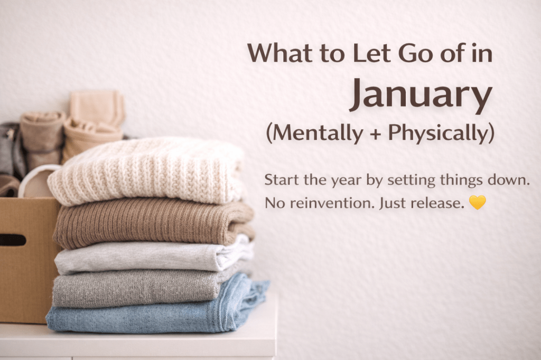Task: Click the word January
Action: pyautogui.click(x=421, y=94)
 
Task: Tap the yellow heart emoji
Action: pyautogui.click(x=477, y=202)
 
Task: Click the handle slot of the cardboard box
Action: pyautogui.click(x=12, y=240)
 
